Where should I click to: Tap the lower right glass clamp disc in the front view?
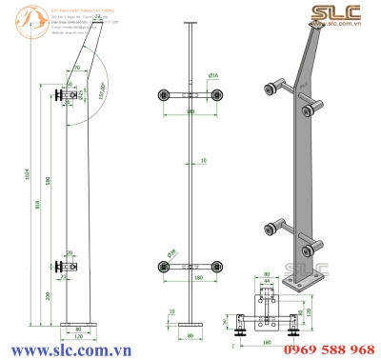pyautogui.click(x=220, y=265)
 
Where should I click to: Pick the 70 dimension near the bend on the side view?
pyautogui.click(x=75, y=68)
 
